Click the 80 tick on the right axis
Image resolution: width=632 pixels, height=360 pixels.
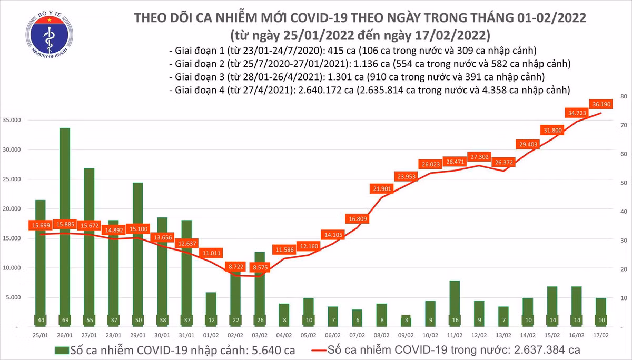coord(623,97)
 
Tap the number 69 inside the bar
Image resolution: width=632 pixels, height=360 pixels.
coord(65,320)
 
